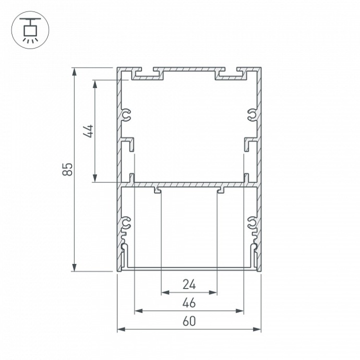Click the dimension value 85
(x=67, y=169)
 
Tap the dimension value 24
(x=189, y=285)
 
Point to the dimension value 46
(x=189, y=303)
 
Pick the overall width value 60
(x=189, y=321)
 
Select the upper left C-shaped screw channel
(x=127, y=115)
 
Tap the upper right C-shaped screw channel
(x=251, y=115)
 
